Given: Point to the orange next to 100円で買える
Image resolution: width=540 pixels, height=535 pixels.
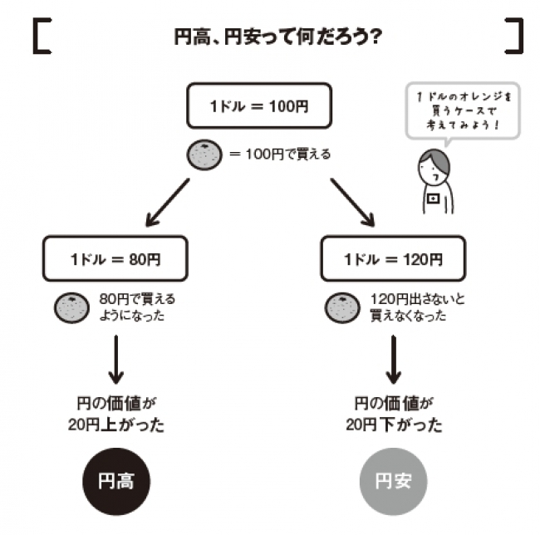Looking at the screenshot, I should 204,154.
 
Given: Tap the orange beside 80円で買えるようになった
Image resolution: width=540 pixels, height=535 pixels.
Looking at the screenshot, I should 71,307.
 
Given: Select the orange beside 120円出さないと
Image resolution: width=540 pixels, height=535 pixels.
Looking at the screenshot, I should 343,307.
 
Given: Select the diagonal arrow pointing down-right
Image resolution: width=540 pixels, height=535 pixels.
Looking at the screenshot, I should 351,199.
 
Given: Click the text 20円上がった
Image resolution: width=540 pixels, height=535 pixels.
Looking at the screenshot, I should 115,425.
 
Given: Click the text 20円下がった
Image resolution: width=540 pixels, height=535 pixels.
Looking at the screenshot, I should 394,425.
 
